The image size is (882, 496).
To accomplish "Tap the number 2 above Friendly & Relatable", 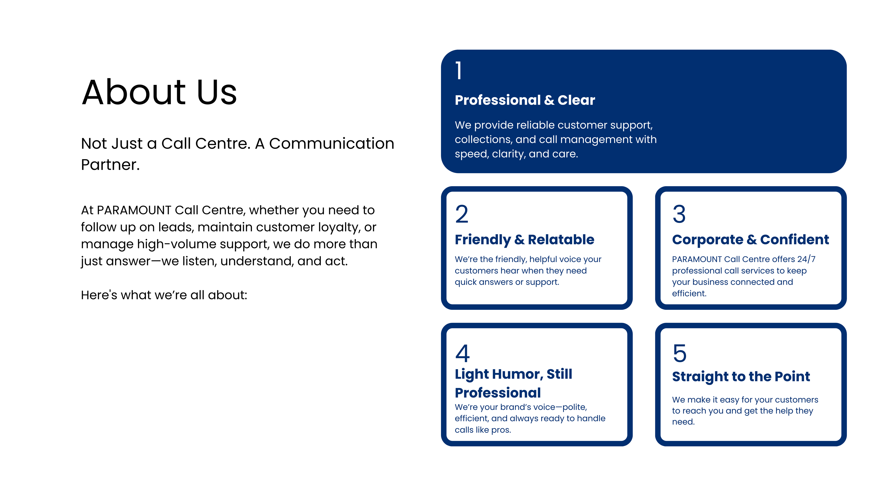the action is [x=461, y=214].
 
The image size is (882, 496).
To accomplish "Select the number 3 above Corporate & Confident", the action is [x=679, y=214].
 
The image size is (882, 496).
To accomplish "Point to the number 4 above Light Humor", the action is [x=462, y=353].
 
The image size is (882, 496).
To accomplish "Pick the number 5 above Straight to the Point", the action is [x=680, y=353].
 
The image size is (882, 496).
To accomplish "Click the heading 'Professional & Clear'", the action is [x=525, y=100].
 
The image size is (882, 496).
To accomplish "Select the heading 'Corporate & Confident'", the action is [x=751, y=240].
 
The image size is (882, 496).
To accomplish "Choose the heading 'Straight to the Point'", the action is [x=741, y=377].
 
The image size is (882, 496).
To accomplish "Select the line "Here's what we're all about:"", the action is [x=164, y=295].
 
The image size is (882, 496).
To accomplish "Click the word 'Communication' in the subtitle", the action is [x=331, y=144].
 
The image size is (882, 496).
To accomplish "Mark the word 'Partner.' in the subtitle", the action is [x=110, y=165].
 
